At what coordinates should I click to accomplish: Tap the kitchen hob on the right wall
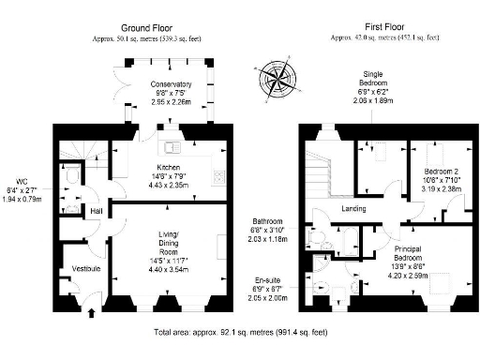[217, 176]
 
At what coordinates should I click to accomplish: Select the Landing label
[352, 208]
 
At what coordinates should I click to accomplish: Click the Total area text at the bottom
[241, 332]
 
